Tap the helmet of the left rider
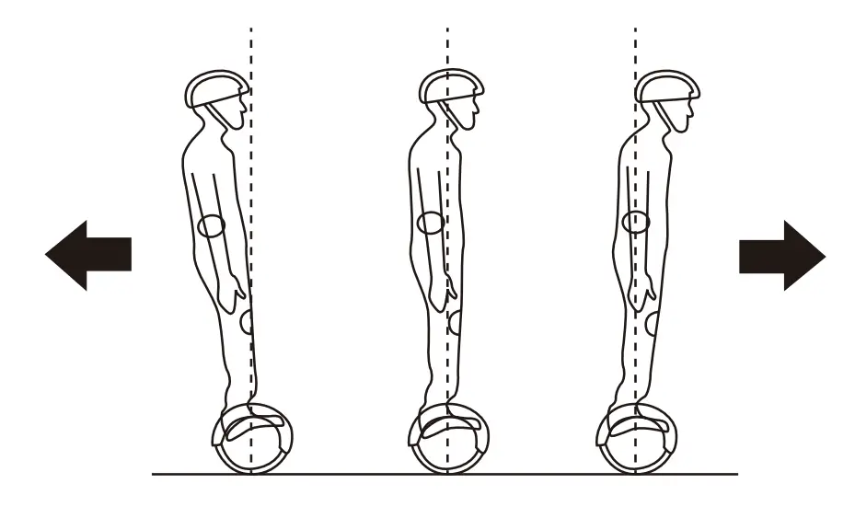click(x=217, y=89)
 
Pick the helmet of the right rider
click(x=665, y=86)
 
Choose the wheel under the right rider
click(x=636, y=439)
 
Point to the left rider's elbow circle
click(x=212, y=225)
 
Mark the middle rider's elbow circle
click(x=430, y=222)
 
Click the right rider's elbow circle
click(x=636, y=221)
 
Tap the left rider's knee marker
click(x=247, y=323)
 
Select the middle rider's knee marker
click(x=455, y=323)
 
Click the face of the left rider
click(x=235, y=116)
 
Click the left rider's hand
click(x=237, y=291)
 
